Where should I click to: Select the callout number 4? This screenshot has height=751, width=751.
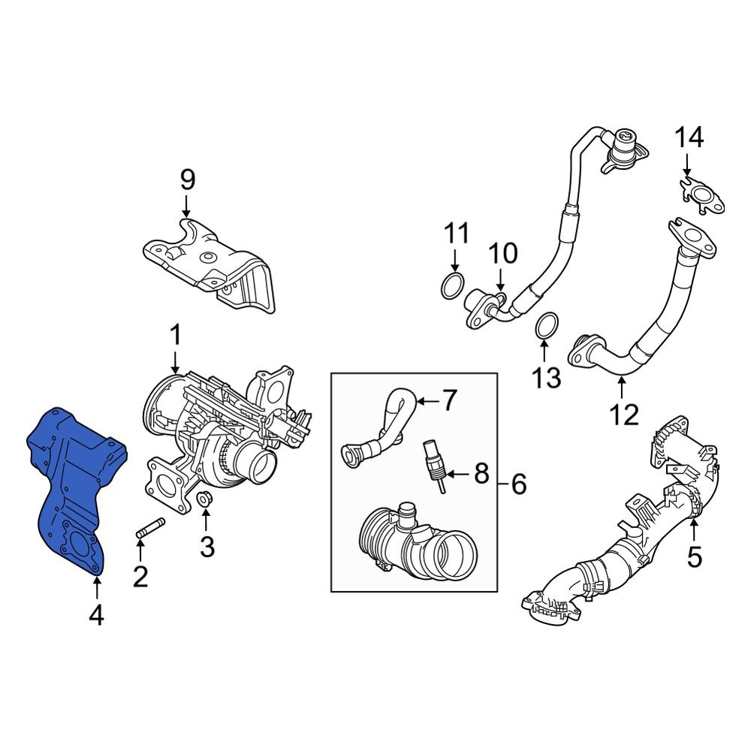pyautogui.click(x=95, y=616)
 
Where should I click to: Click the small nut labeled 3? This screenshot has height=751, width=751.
pyautogui.click(x=203, y=499)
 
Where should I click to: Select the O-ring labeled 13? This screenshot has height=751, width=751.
pyautogui.click(x=546, y=327)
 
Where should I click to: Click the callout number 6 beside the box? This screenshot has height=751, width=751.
pyautogui.click(x=518, y=485)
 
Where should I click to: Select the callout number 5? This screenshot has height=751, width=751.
pyautogui.click(x=694, y=556)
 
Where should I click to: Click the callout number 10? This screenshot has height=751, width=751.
pyautogui.click(x=505, y=254)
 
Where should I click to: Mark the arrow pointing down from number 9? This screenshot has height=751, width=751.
pyautogui.click(x=187, y=207)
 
